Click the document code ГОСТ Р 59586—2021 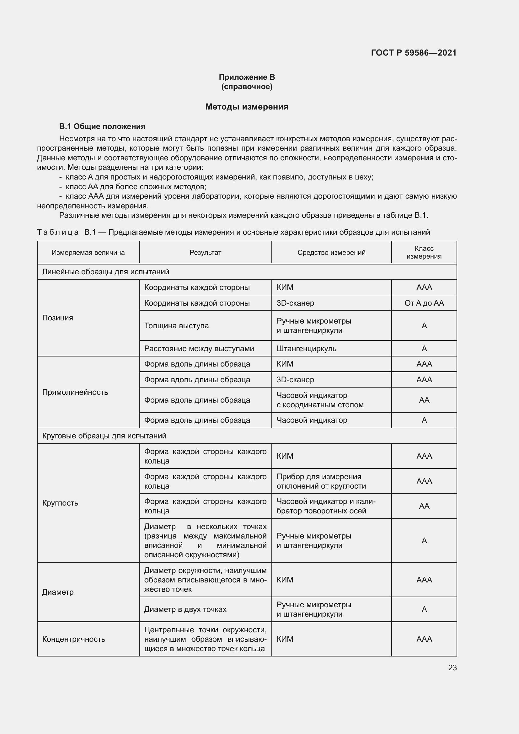(414, 53)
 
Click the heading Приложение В (247, 77)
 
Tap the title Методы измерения (247, 107)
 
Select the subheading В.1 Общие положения (102, 126)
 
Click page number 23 (452, 667)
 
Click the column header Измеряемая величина (88, 253)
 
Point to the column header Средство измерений (331, 253)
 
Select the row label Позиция (58, 318)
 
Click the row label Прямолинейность (75, 392)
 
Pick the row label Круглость (60, 503)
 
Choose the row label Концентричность (73, 639)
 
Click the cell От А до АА (424, 303)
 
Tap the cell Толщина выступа (176, 326)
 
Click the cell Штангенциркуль (307, 348)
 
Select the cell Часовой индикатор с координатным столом (320, 400)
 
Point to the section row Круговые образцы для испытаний (104, 436)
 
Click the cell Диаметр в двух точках (185, 609)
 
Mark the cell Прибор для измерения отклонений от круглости (321, 481)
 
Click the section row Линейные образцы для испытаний (106, 272)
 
